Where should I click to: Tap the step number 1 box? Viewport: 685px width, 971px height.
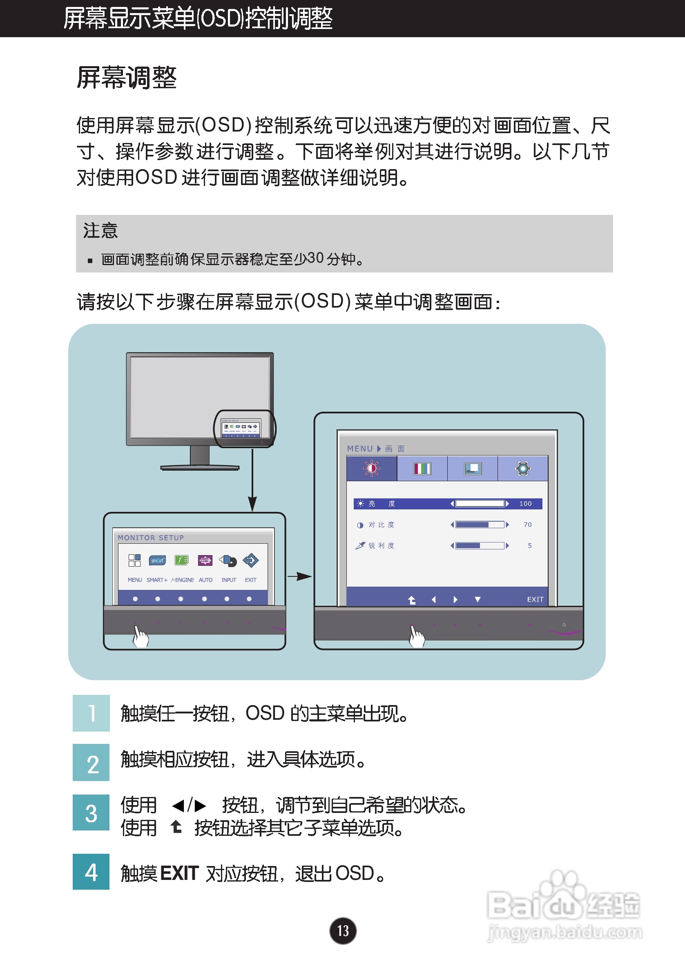91,713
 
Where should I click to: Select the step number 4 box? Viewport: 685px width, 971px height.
91,872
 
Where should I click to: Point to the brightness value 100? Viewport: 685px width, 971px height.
525,504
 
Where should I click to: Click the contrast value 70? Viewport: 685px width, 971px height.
527,525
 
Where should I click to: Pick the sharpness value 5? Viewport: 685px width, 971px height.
529,546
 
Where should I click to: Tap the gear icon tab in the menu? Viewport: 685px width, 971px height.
522,469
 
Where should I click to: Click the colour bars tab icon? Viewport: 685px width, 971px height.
422,469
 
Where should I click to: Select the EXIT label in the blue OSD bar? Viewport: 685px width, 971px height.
535,599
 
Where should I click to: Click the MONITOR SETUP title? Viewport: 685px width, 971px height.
151,538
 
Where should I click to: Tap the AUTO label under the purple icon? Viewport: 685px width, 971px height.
205,580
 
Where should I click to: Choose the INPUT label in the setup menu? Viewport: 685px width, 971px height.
229,580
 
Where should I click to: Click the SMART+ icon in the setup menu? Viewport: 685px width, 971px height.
157,561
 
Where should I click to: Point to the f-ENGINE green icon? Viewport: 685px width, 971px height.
181,561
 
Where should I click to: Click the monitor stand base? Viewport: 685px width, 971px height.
200,468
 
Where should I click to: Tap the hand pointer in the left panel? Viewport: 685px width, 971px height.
141,636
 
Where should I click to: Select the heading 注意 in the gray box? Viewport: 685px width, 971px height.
100,231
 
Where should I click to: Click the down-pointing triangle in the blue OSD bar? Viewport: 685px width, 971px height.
477,599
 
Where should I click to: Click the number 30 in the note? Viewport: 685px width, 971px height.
315,258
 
